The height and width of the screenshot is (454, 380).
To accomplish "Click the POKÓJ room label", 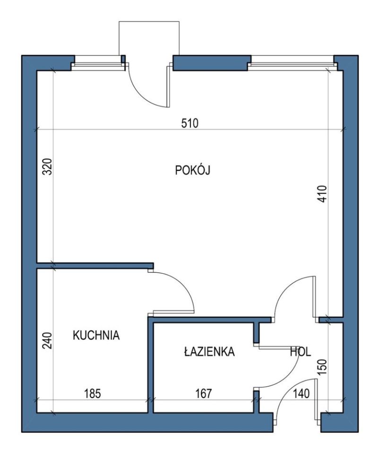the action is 192,170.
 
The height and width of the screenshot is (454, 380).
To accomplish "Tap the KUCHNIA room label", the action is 96,335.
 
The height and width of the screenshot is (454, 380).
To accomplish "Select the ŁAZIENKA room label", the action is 209,351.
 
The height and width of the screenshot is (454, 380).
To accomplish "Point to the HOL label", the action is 301,352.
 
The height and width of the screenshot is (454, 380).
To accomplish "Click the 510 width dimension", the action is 190,123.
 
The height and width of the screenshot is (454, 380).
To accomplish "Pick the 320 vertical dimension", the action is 47,166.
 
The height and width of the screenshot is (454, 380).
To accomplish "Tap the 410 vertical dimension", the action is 322,194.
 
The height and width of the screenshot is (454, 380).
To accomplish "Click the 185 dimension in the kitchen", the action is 93,394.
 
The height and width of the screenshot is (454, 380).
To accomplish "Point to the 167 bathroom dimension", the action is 203,393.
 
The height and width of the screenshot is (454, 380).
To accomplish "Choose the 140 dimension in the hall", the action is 301,394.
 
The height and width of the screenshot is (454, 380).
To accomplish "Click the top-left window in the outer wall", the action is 98,63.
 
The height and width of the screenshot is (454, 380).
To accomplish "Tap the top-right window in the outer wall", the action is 293,63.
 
